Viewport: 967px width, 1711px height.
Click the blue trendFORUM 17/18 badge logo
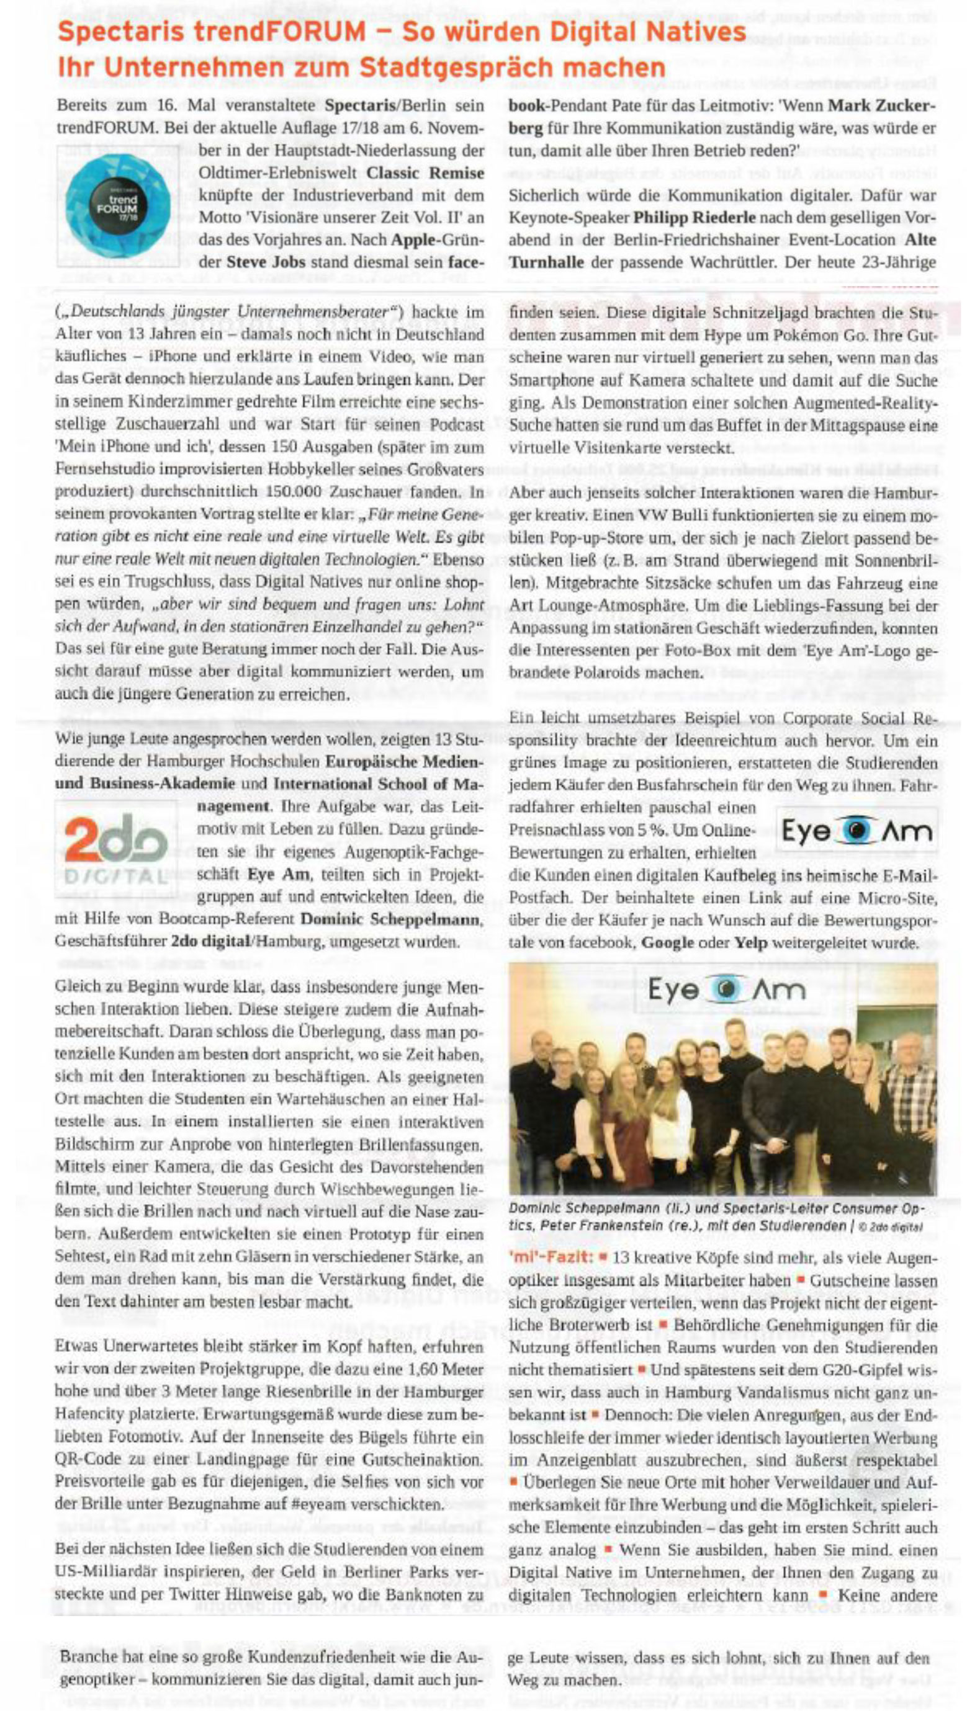pyautogui.click(x=119, y=205)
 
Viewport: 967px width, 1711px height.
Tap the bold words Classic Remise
pyautogui.click(x=425, y=173)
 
